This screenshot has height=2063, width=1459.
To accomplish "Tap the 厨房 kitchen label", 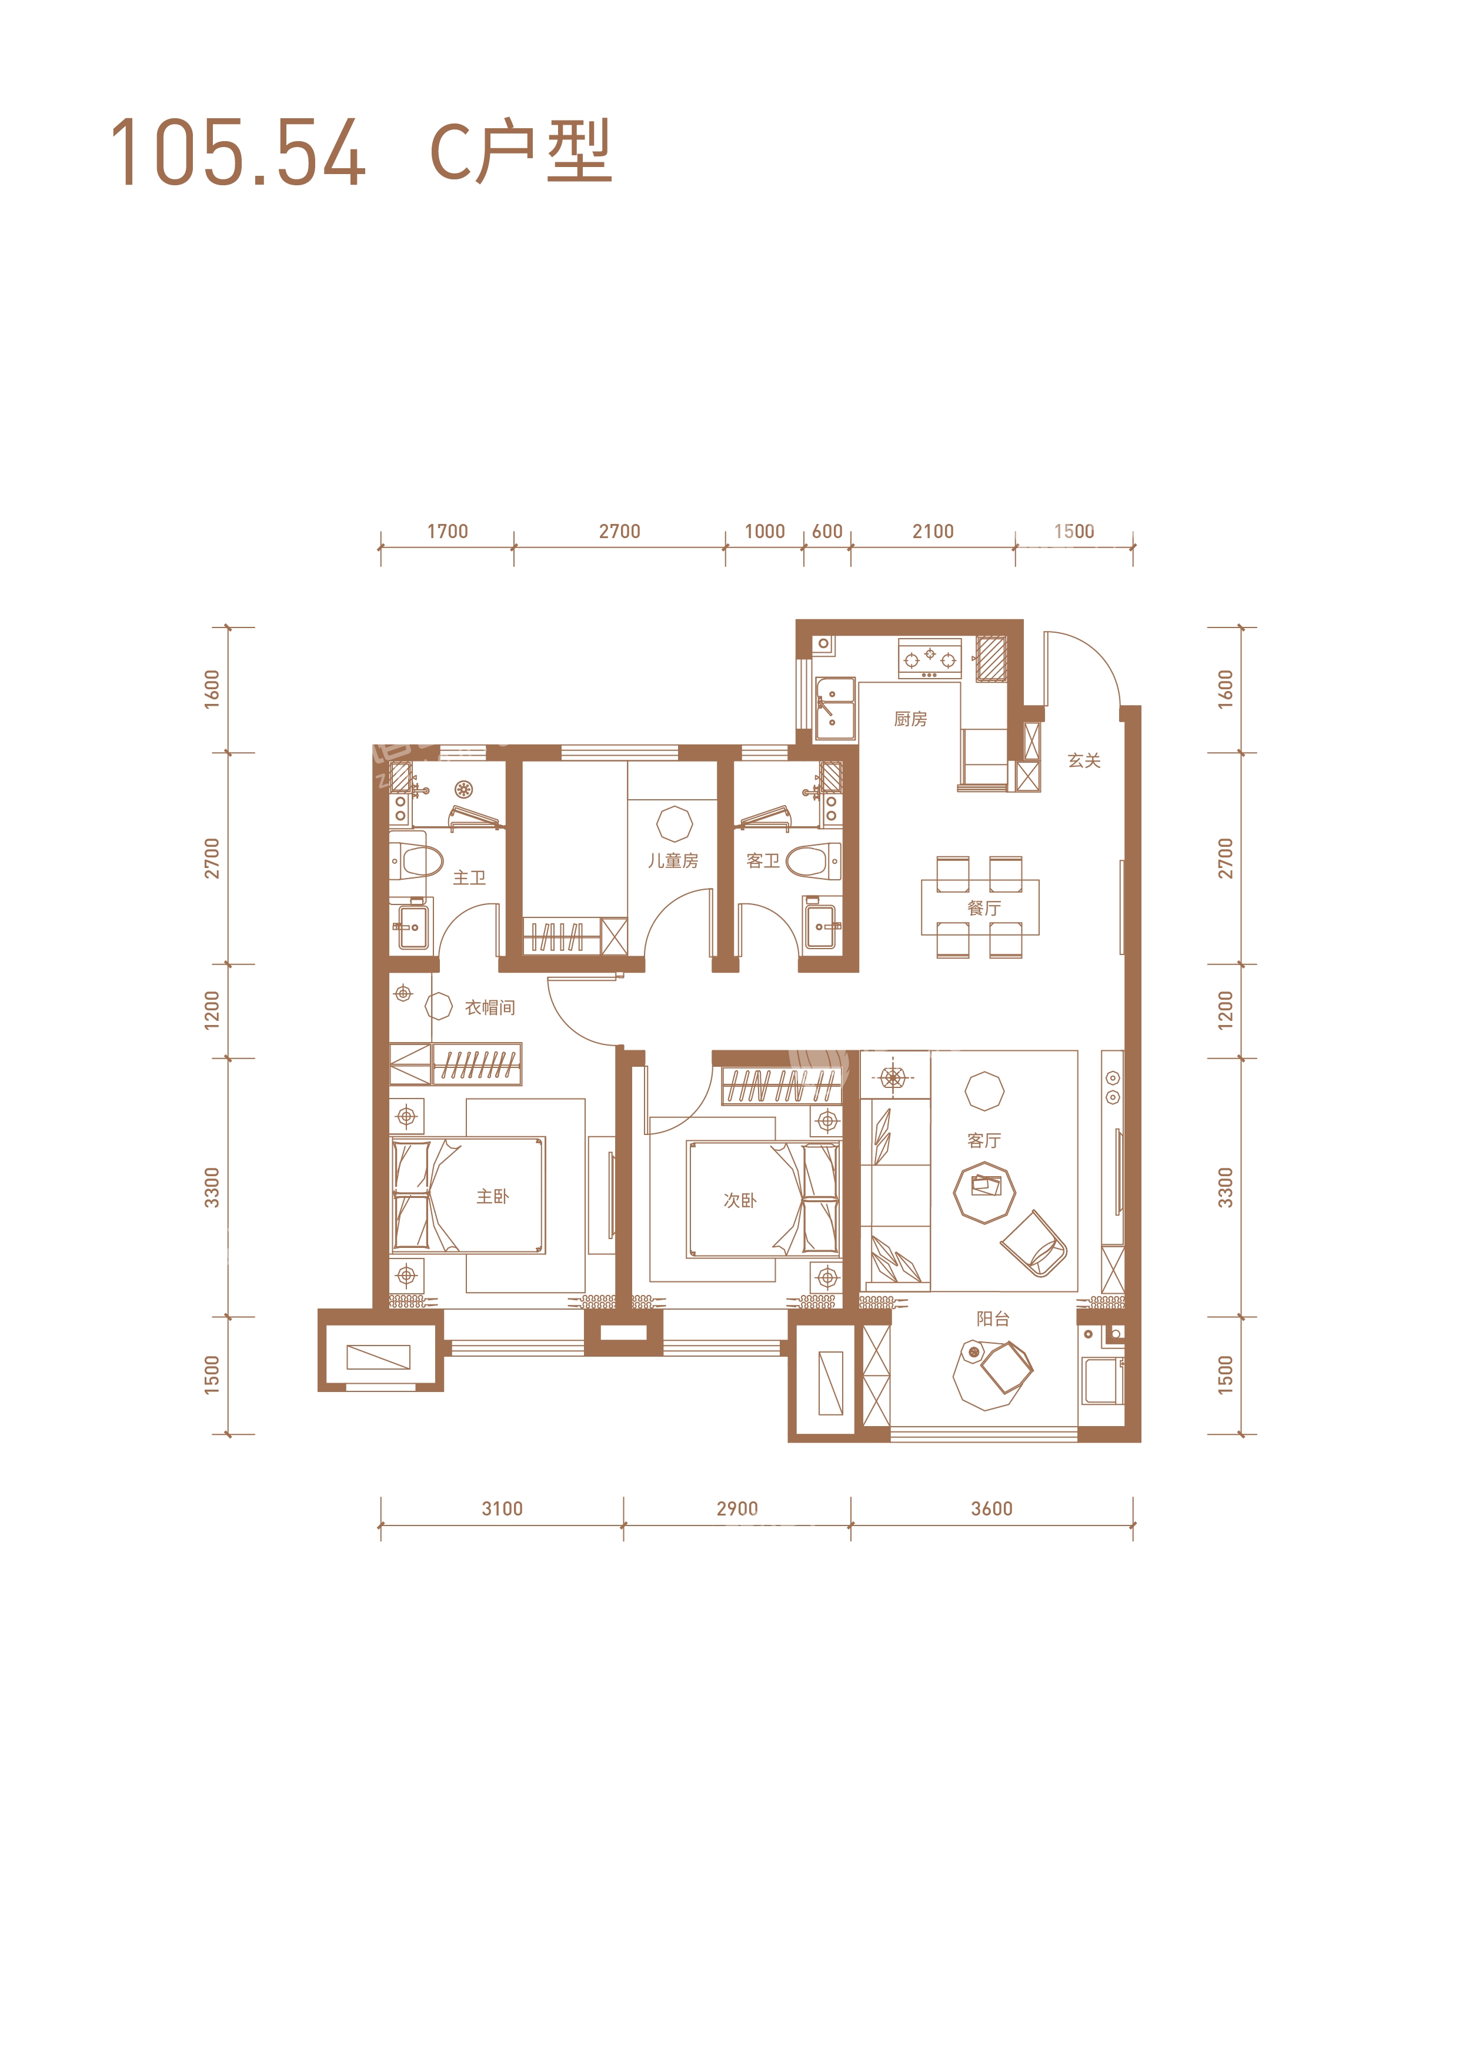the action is pyautogui.click(x=910, y=719).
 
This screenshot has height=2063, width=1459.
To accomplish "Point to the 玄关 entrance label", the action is pyautogui.click(x=1084, y=760).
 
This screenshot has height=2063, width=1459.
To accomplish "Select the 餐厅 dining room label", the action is pyautogui.click(x=984, y=909).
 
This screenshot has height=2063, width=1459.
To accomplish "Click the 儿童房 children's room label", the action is pyautogui.click(x=673, y=861).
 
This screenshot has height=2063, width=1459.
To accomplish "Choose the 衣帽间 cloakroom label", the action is pyautogui.click(x=490, y=1007).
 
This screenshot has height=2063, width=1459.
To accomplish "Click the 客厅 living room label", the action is pyautogui.click(x=984, y=1140).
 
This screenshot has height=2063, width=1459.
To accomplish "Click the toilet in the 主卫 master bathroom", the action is pyautogui.click(x=417, y=861).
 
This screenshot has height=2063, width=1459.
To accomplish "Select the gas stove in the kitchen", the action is pyautogui.click(x=930, y=659).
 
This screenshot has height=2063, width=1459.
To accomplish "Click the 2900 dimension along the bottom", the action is pyautogui.click(x=737, y=1508).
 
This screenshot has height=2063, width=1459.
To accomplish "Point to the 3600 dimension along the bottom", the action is pyautogui.click(x=992, y=1508).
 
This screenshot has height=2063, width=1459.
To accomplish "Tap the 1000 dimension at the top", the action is pyautogui.click(x=764, y=531).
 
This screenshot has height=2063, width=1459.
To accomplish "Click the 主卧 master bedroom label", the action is pyautogui.click(x=492, y=1196).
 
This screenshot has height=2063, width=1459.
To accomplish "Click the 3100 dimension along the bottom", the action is pyautogui.click(x=502, y=1508).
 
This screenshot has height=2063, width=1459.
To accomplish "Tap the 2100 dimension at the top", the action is pyautogui.click(x=933, y=531).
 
